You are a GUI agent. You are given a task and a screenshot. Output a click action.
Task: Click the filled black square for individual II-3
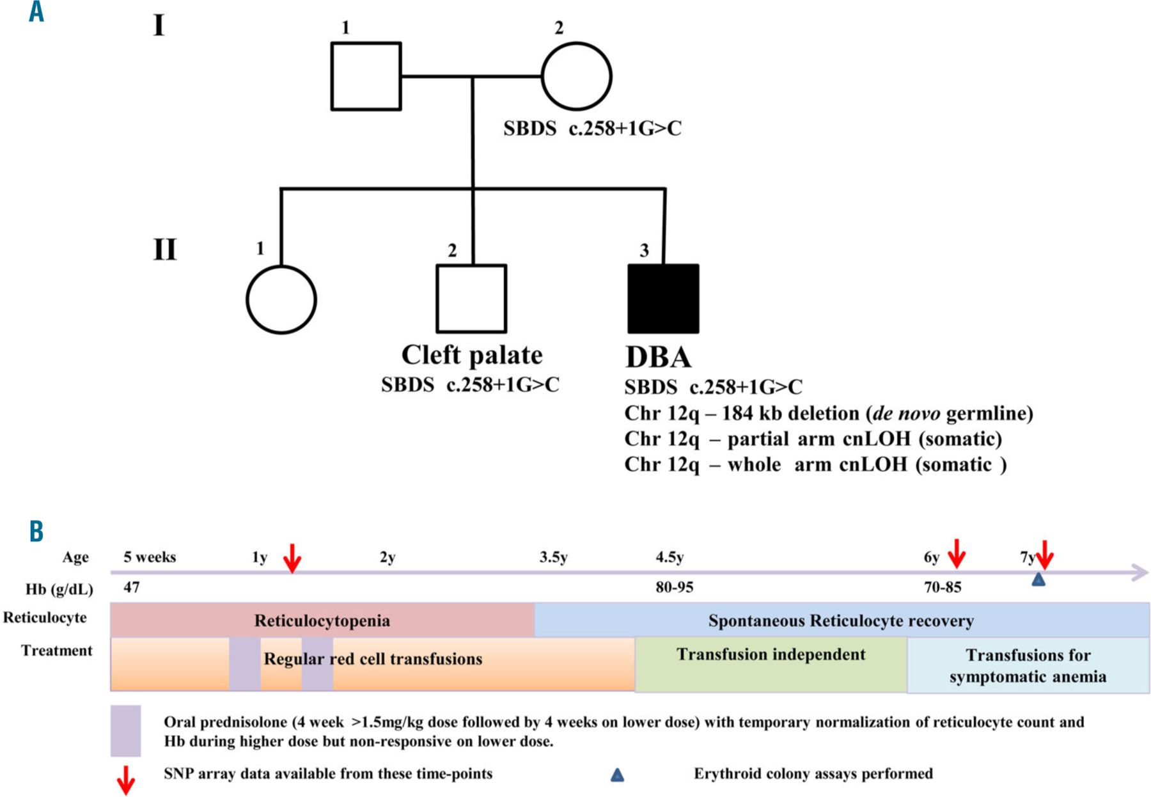pyautogui.click(x=663, y=299)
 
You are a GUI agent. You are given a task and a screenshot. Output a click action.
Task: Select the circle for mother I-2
pyautogui.click(x=576, y=77)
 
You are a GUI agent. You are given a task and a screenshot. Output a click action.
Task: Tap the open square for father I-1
pyautogui.click(x=366, y=77)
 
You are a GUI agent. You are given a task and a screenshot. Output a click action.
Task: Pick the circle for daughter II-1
pyautogui.click(x=281, y=299)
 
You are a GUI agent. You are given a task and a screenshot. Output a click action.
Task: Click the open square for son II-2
pyautogui.click(x=471, y=299)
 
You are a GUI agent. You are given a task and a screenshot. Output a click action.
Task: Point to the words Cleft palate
pyautogui.click(x=472, y=355)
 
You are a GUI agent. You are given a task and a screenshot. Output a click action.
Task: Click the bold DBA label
pyautogui.click(x=658, y=357)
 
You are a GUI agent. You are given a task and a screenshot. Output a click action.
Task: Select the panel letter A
pyautogui.click(x=36, y=12)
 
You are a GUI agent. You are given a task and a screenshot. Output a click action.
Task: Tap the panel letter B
pyautogui.click(x=36, y=531)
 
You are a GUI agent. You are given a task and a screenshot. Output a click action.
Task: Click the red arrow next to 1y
pyautogui.click(x=292, y=558)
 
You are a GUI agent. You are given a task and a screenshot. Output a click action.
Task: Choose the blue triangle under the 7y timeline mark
pyautogui.click(x=1038, y=580)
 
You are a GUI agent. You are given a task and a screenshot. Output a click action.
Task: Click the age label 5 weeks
pyautogui.click(x=150, y=557)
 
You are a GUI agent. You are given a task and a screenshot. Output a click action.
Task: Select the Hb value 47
pyautogui.click(x=132, y=587)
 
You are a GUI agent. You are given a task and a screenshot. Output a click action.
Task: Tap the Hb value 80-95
pyautogui.click(x=674, y=587)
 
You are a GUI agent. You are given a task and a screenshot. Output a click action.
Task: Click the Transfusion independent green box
pyautogui.click(x=771, y=665)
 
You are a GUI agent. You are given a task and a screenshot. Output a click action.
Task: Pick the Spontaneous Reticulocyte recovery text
pyautogui.click(x=841, y=620)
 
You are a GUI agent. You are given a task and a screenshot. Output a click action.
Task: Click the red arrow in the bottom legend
pyautogui.click(x=126, y=780)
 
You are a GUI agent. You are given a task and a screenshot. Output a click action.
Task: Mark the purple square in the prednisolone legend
pyautogui.click(x=125, y=730)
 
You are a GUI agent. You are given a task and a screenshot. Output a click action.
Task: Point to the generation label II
pyautogui.click(x=164, y=249)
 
